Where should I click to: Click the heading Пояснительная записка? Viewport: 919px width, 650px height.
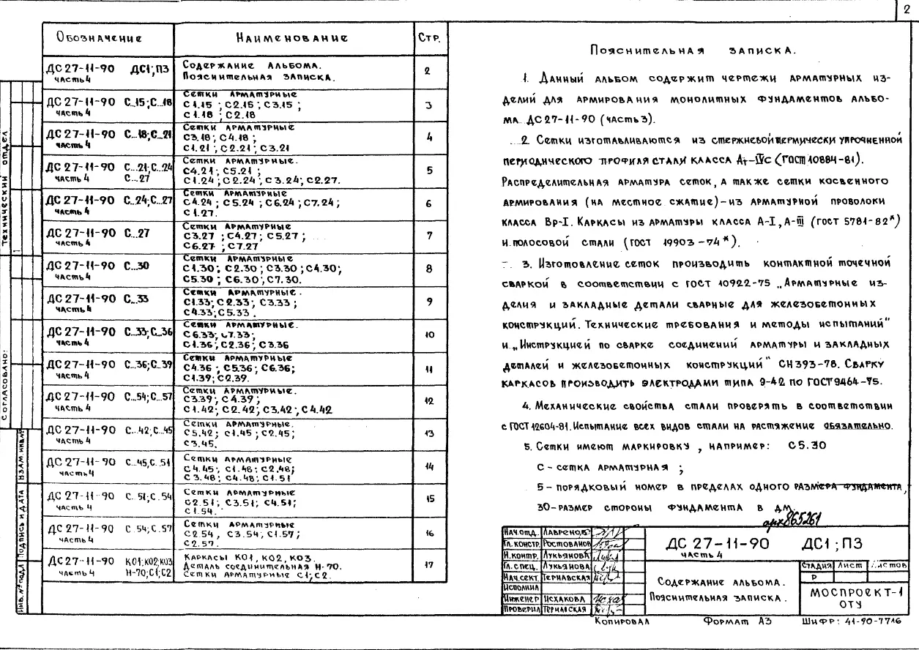(692, 51)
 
